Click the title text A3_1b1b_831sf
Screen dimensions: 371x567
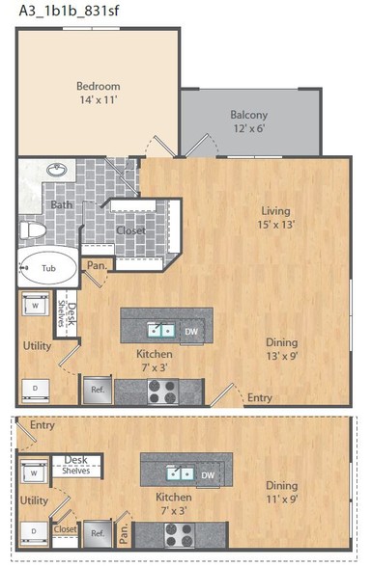click(x=69, y=11)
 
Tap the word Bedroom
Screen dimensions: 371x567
click(x=99, y=86)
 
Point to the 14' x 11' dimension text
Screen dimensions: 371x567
click(x=99, y=100)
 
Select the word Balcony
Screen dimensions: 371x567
click(x=249, y=115)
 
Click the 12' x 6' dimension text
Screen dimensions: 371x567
click(x=249, y=128)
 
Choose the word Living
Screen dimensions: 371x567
click(x=275, y=211)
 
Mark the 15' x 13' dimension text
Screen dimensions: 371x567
click(x=275, y=225)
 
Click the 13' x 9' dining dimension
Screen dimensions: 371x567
click(x=282, y=356)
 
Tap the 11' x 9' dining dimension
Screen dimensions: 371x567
click(x=282, y=499)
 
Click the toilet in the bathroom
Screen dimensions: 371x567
click(x=33, y=229)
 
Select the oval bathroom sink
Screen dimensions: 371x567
click(x=56, y=170)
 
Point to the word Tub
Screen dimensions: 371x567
click(x=48, y=268)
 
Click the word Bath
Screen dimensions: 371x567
click(x=61, y=205)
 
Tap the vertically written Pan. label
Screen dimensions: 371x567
click(x=124, y=533)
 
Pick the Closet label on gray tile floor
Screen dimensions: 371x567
click(x=130, y=230)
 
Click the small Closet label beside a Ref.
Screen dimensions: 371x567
click(x=66, y=529)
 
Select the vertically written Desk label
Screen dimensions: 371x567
click(x=72, y=313)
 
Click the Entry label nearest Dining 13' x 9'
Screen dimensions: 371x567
click(x=259, y=397)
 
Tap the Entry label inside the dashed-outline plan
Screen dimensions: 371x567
click(x=43, y=425)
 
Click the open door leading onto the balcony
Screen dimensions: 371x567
click(x=197, y=146)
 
